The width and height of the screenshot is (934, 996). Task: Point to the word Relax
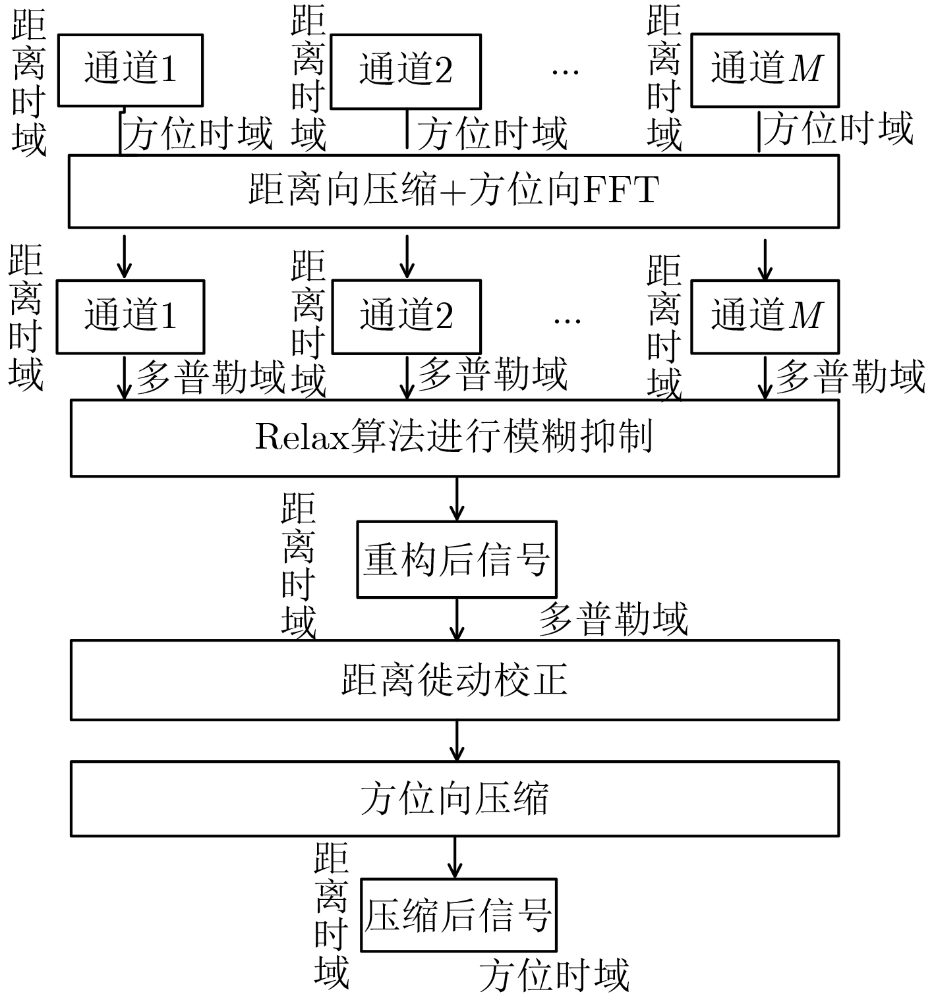click(302, 437)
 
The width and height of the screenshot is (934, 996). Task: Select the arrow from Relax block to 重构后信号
click(457, 499)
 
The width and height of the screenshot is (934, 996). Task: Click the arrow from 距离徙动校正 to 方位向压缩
click(457, 741)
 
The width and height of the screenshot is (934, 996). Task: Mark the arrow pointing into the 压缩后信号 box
click(455, 858)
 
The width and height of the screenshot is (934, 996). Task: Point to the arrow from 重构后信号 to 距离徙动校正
click(457, 619)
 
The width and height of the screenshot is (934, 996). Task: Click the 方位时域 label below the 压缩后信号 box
click(554, 975)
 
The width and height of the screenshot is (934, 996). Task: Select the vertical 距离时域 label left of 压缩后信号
click(332, 916)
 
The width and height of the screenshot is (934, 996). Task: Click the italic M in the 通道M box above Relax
click(805, 316)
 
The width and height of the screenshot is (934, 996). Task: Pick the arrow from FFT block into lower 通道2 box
click(407, 257)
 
